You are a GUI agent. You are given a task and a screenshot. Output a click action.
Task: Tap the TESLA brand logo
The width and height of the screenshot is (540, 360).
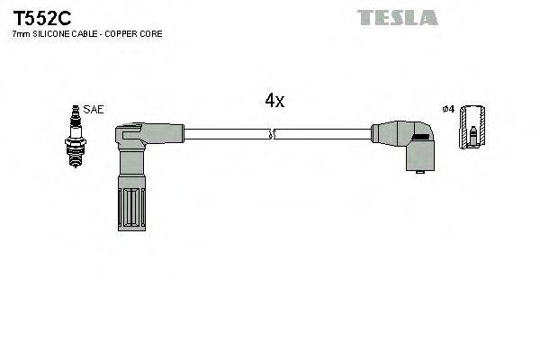tap(397, 17)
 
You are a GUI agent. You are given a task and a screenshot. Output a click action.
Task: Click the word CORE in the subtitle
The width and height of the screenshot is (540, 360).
tap(161, 34)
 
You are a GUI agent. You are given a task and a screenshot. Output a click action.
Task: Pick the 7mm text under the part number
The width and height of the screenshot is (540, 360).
tap(20, 34)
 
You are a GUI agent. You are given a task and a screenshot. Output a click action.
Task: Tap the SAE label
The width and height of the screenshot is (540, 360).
tap(94, 109)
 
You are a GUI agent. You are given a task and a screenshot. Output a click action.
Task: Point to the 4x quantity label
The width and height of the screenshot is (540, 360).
tap(274, 102)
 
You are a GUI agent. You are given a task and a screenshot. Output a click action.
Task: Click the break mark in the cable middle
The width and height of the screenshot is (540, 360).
tap(273, 136)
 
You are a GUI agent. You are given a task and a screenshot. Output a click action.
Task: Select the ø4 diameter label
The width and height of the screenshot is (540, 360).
tap(447, 110)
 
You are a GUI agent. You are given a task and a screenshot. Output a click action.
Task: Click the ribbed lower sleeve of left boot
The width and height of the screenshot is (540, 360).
tap(130, 207)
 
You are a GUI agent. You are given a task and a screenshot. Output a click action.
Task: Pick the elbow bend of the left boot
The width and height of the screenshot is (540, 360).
tap(130, 139)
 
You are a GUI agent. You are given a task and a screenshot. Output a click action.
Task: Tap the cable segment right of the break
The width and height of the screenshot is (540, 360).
tap(324, 136)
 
